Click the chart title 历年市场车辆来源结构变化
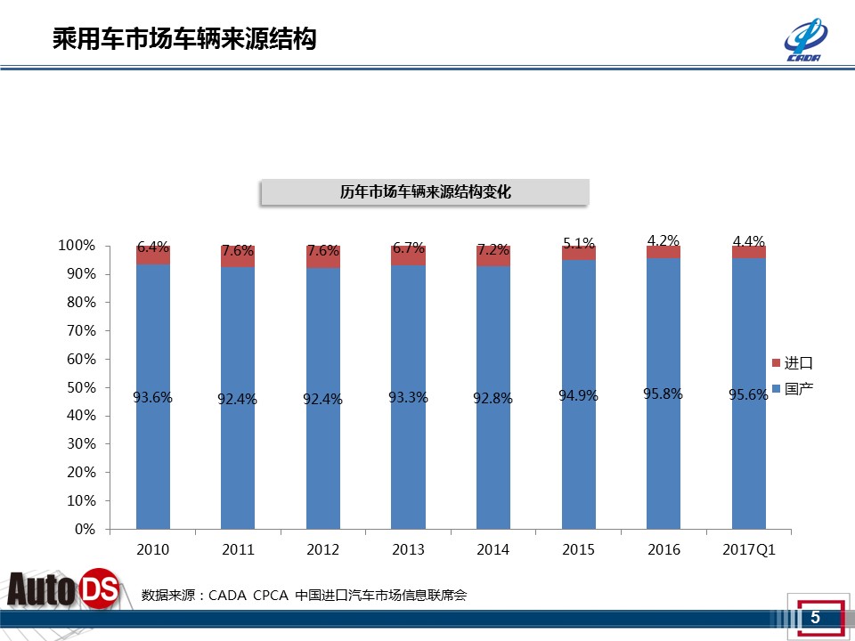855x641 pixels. point(425,192)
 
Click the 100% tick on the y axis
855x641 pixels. point(77,246)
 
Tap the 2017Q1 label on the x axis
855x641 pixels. point(749,550)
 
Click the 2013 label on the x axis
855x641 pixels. point(408,550)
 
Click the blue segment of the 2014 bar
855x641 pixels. point(493,463)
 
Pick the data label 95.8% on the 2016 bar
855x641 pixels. point(663,394)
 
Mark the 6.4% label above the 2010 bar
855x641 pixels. point(153,247)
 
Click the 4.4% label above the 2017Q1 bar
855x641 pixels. point(748,241)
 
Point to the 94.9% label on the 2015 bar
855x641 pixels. point(578,395)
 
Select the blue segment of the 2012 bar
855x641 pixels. point(322,463)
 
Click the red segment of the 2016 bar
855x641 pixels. point(663,253)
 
